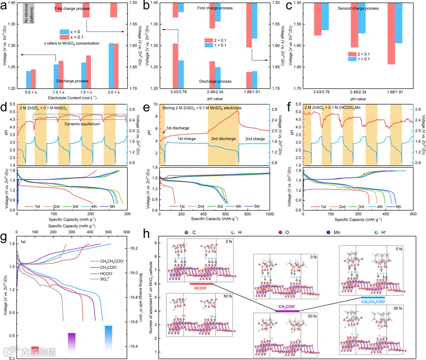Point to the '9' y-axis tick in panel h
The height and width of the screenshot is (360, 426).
(x=156, y=243)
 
